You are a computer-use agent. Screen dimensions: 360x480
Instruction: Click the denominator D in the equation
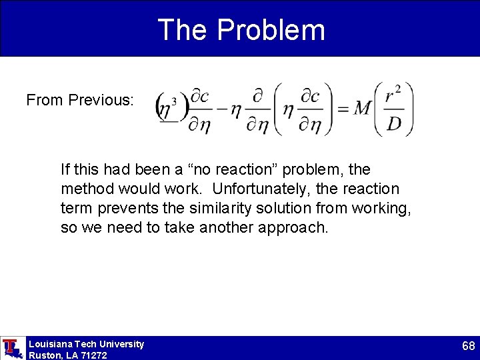(394, 124)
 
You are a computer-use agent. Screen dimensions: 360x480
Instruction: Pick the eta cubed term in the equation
(167, 109)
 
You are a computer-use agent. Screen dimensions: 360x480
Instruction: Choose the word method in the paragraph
(85, 189)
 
